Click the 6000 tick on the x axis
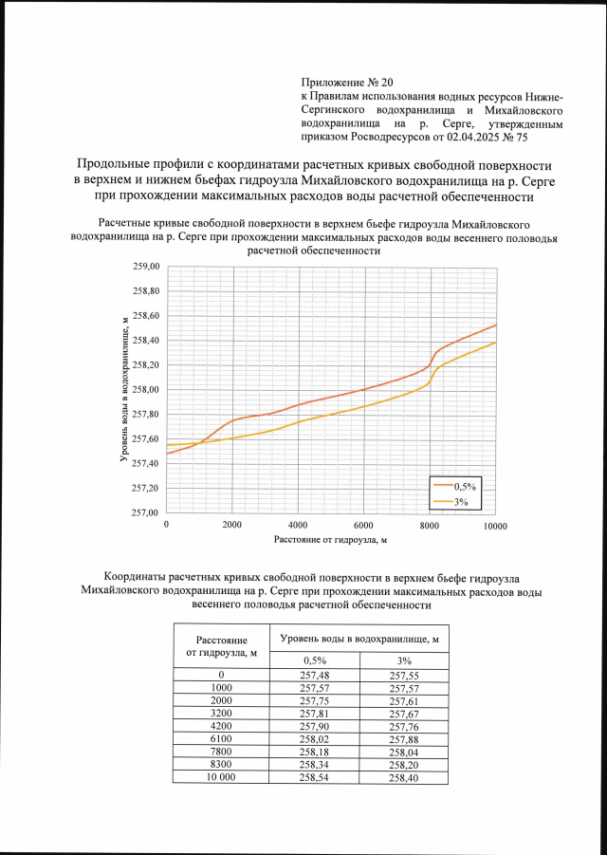[x=363, y=526]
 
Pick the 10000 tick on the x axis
[x=493, y=526]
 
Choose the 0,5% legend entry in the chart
[x=468, y=485]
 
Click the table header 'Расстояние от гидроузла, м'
[x=221, y=644]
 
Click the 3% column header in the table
[x=404, y=660]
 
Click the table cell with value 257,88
[x=404, y=737]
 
